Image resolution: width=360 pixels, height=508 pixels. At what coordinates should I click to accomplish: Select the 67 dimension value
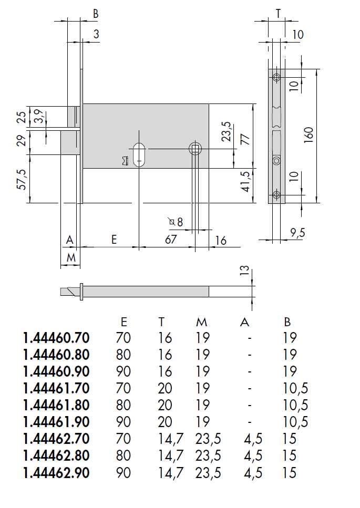click(x=171, y=240)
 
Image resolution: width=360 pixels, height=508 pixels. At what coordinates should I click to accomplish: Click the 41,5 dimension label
click(x=245, y=181)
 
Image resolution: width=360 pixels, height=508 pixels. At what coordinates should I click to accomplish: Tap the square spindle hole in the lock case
click(x=195, y=149)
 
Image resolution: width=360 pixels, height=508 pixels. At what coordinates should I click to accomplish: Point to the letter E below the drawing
click(x=114, y=240)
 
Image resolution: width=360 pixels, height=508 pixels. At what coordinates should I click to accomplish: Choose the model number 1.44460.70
click(x=56, y=337)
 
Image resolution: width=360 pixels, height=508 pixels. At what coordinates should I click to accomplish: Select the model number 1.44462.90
click(x=56, y=473)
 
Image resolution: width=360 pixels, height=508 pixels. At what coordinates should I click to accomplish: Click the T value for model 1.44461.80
click(x=166, y=405)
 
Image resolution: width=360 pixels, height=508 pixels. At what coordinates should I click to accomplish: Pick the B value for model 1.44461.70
click(x=294, y=388)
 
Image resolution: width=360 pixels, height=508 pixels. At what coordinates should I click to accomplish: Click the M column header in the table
click(x=202, y=322)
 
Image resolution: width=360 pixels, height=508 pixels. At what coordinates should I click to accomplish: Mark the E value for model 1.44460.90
click(x=123, y=371)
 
